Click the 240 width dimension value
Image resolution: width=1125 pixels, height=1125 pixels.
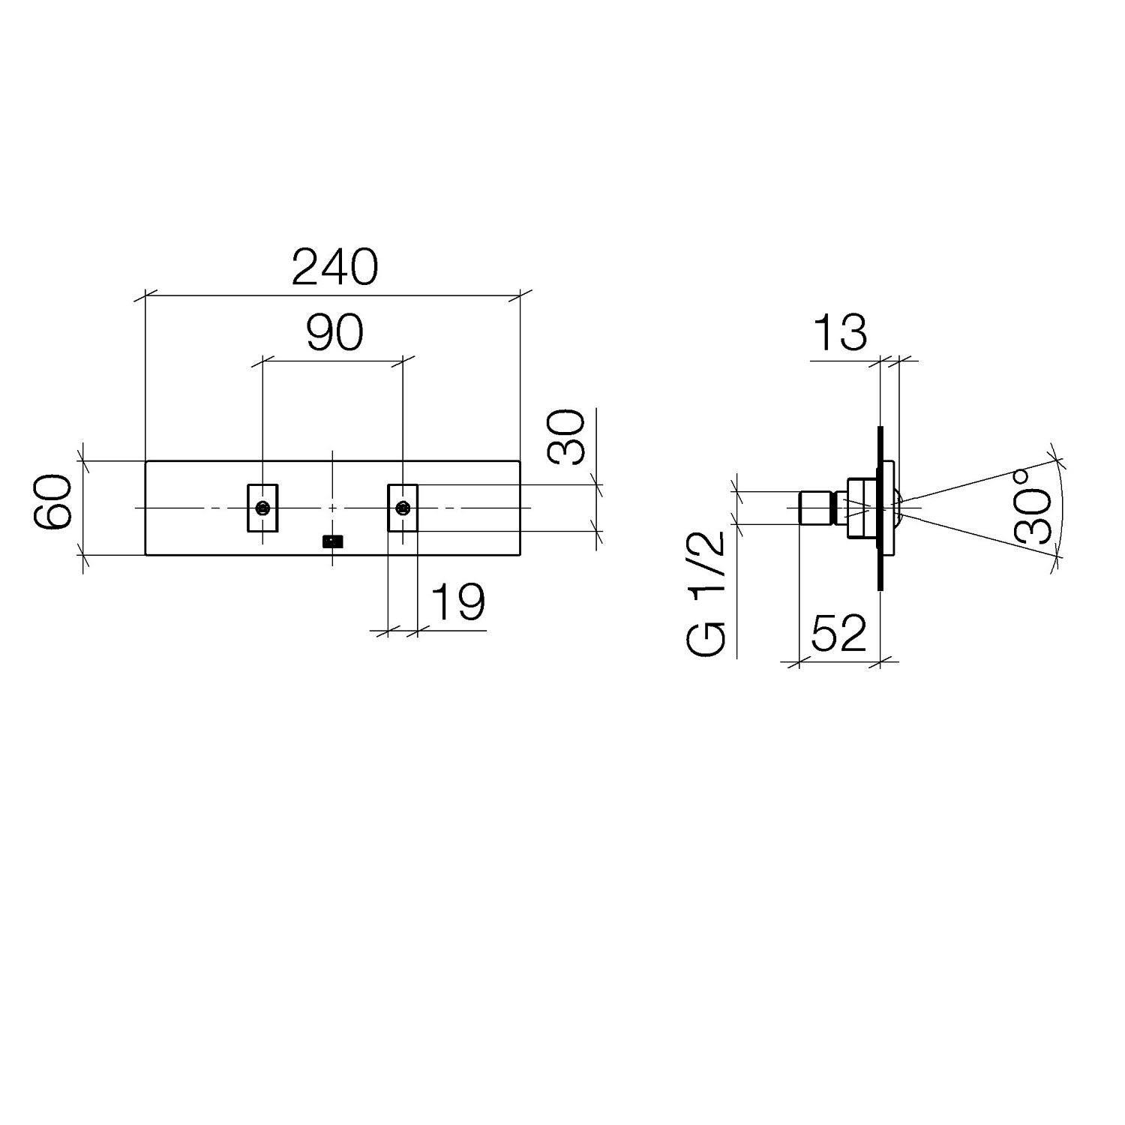coord(334,268)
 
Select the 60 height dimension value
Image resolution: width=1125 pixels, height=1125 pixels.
coord(54,503)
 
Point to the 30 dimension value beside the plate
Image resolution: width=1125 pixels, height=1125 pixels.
coord(567,437)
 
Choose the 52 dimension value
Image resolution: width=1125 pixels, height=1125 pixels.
coord(838,634)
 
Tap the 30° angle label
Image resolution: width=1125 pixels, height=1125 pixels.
coord(1034,506)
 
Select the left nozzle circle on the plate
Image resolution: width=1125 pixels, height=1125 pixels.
coord(262,508)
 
